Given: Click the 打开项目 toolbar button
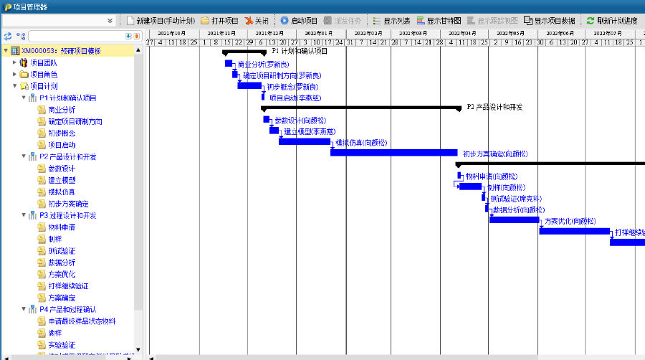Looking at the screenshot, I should (x=219, y=21).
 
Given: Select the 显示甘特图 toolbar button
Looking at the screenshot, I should (x=438, y=21).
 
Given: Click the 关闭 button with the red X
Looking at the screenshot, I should (x=257, y=21).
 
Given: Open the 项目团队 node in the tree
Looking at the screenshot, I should (x=43, y=62).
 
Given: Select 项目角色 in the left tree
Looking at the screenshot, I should (x=43, y=75).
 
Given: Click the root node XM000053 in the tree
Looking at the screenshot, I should (x=60, y=51).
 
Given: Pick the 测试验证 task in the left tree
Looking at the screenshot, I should (x=61, y=250).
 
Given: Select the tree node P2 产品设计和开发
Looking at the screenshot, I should (x=67, y=156).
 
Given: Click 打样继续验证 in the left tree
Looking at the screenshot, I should (x=68, y=285).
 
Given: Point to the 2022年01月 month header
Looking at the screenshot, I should (x=319, y=33).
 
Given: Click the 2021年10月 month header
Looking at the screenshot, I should (x=171, y=33).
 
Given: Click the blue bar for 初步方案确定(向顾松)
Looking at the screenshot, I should (x=393, y=153).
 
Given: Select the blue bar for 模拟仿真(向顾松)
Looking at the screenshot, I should (x=304, y=141).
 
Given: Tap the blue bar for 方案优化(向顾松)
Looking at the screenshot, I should (x=514, y=219).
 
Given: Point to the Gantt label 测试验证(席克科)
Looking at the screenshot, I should (x=516, y=199).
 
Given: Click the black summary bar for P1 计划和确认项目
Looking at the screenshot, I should (x=244, y=52).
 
